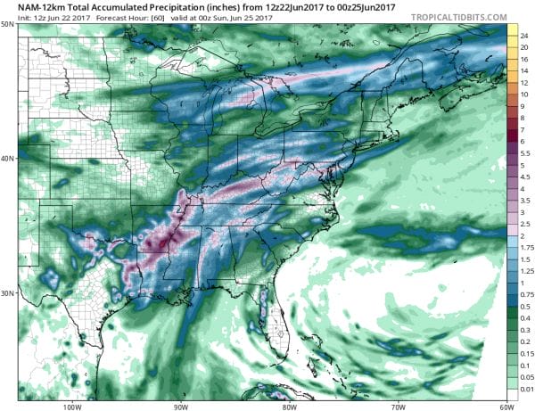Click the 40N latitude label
click(x=8, y=159)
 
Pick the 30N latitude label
click(x=8, y=293)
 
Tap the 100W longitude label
click(x=74, y=406)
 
